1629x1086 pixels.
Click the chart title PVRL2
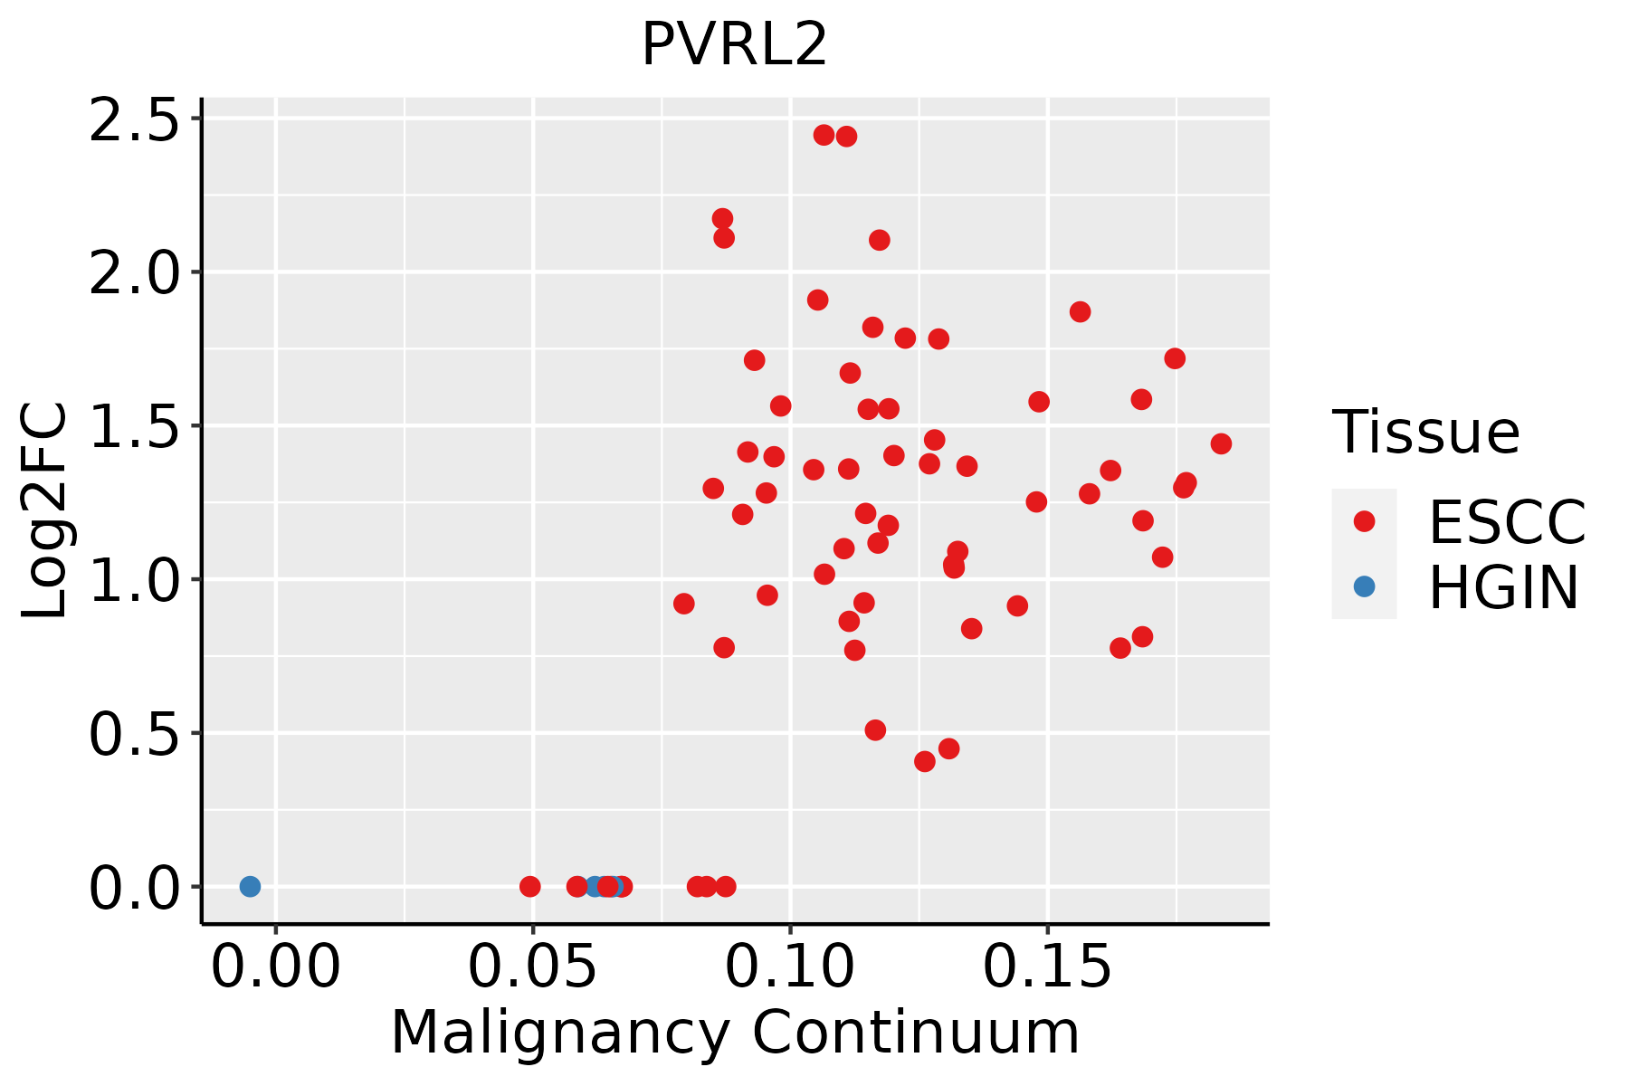tap(734, 44)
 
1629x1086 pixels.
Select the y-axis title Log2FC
tap(44, 511)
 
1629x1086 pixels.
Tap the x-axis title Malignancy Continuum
tap(735, 1033)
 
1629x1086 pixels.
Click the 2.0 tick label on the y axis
tap(136, 272)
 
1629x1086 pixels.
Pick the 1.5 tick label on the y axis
tap(136, 425)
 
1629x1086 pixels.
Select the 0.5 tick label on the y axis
tap(136, 732)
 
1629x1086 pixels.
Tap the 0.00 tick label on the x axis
tap(276, 967)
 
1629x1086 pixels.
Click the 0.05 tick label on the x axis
tap(533, 967)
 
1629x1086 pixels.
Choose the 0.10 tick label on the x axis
tap(791, 967)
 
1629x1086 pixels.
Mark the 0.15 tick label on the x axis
tap(1048, 967)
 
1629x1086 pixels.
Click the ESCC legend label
tap(1507, 522)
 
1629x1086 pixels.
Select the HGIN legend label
tap(1503, 587)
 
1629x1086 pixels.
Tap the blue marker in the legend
tap(1364, 586)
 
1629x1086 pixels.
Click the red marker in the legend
tap(1364, 521)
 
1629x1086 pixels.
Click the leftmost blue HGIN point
tap(250, 886)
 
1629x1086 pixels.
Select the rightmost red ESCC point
tap(1221, 443)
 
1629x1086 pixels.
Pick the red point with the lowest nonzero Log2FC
tap(924, 761)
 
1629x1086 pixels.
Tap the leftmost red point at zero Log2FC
tap(530, 886)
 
